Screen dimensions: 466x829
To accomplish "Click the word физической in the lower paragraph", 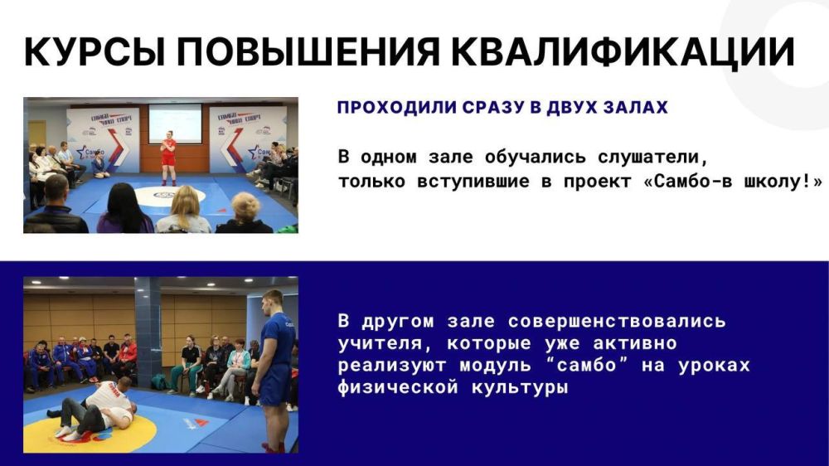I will coord(393,387).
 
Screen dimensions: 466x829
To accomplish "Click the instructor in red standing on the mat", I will coord(168,157).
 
